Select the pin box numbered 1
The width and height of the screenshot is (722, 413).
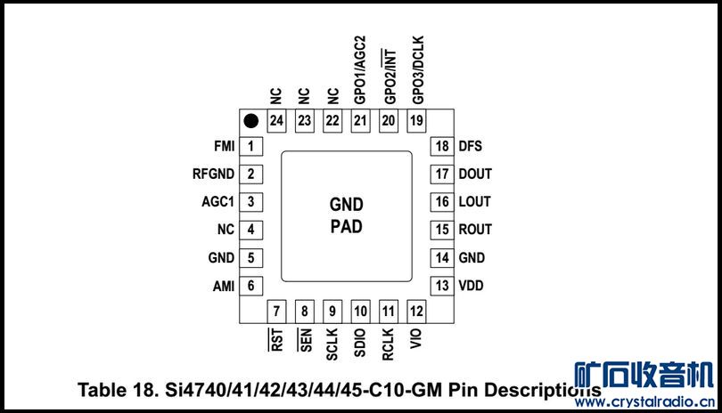(x=251, y=146)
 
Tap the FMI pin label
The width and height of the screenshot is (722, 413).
(x=224, y=146)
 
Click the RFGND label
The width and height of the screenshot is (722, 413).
(x=213, y=174)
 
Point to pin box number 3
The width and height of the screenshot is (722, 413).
(x=251, y=202)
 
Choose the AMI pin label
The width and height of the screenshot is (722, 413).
(x=223, y=286)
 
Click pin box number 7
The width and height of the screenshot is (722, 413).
(x=277, y=312)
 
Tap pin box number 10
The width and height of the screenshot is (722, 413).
(x=360, y=312)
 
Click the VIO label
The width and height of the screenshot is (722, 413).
(x=416, y=338)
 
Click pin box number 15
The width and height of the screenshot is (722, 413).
(x=442, y=230)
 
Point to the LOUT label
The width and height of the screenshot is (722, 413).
(x=474, y=202)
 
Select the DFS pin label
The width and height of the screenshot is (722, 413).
(x=470, y=146)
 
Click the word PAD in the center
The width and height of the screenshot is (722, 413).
(x=347, y=226)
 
